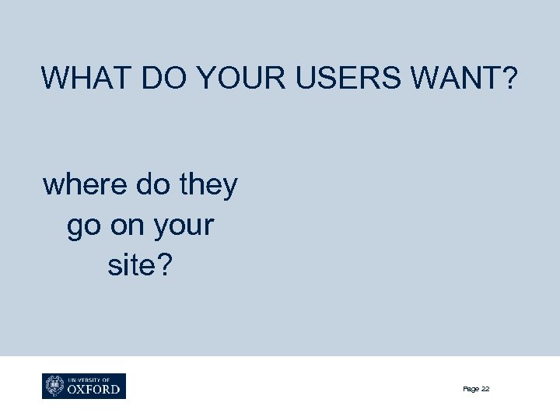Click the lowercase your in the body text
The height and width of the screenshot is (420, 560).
coord(184,226)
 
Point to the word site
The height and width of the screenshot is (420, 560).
coord(133,267)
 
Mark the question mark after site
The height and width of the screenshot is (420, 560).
coord(170,267)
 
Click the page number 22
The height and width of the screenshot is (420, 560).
coord(485,389)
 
